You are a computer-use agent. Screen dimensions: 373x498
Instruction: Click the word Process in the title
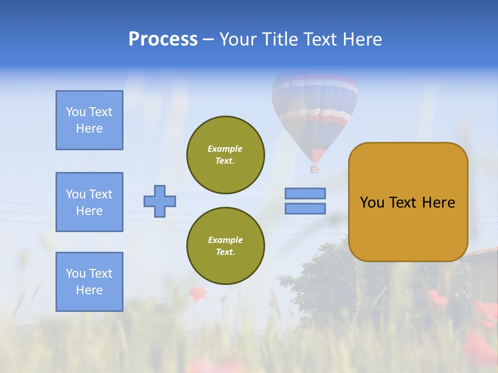tap(163, 39)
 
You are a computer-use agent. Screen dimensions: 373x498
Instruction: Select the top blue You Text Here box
tap(89, 120)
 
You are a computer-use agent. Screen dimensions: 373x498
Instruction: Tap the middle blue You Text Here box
tap(89, 202)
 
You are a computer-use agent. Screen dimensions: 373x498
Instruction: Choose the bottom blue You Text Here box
tap(89, 282)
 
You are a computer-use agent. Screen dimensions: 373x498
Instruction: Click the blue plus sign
tap(160, 201)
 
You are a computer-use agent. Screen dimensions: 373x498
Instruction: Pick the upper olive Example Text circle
tap(226, 155)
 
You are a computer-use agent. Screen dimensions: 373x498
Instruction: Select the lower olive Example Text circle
tap(226, 246)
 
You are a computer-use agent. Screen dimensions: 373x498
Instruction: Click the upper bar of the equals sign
tap(305, 194)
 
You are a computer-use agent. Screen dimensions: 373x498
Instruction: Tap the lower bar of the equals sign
tap(305, 208)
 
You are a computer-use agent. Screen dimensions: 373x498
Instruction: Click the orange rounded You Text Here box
tap(408, 202)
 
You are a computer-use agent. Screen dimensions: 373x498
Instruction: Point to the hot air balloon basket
tap(314, 169)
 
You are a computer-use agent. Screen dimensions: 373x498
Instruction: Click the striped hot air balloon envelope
tap(315, 109)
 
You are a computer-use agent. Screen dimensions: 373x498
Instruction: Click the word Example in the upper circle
tap(225, 149)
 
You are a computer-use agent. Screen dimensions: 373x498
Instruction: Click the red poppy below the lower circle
tap(197, 294)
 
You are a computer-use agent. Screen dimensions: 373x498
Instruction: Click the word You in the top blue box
tap(75, 112)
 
